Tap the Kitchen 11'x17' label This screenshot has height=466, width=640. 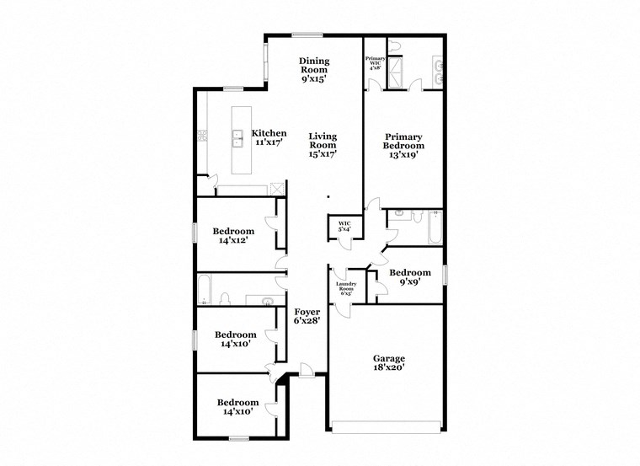[270, 138]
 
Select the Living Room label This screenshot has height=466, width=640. [323, 145]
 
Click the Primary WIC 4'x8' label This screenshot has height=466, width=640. [375, 63]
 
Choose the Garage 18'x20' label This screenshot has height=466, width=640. [389, 362]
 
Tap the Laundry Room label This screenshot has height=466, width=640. [347, 287]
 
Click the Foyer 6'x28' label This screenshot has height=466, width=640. [307, 317]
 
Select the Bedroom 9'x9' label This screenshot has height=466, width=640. [410, 278]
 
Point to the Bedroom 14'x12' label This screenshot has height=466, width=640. [233, 236]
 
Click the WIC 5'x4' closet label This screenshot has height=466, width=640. [344, 226]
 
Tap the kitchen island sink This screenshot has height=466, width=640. [238, 137]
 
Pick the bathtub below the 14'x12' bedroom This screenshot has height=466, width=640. [205, 288]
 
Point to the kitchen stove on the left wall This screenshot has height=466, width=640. [202, 135]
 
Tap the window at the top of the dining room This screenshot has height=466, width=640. [307, 35]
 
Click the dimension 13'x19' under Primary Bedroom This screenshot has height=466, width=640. [403, 154]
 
